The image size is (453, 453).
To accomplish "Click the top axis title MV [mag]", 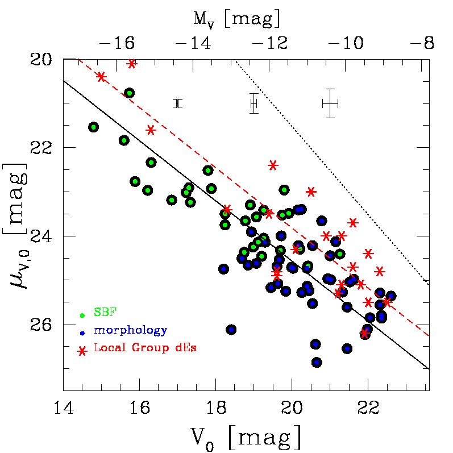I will [x=237, y=19].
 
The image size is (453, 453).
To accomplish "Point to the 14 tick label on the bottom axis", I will [x=63, y=407].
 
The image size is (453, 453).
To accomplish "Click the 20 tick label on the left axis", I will [x=44, y=59].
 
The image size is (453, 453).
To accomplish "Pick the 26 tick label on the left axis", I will [x=44, y=325].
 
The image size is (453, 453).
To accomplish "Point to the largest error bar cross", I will [x=330, y=103].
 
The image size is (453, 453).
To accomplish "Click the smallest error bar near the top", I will [x=178, y=103].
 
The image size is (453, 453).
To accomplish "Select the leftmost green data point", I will [x=94, y=127].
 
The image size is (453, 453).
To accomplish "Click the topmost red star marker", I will [x=132, y=64].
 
